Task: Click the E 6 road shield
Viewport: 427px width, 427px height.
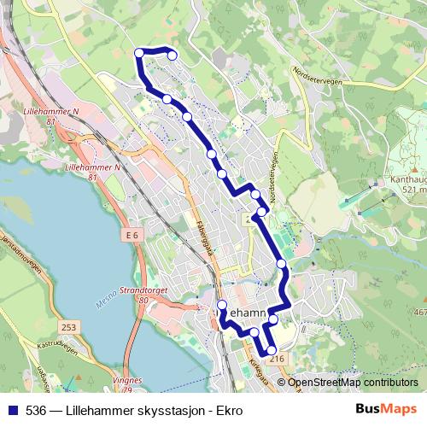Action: pos(131,235)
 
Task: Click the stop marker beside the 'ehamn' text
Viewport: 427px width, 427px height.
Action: pos(222,305)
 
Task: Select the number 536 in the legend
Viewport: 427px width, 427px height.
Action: pos(35,409)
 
